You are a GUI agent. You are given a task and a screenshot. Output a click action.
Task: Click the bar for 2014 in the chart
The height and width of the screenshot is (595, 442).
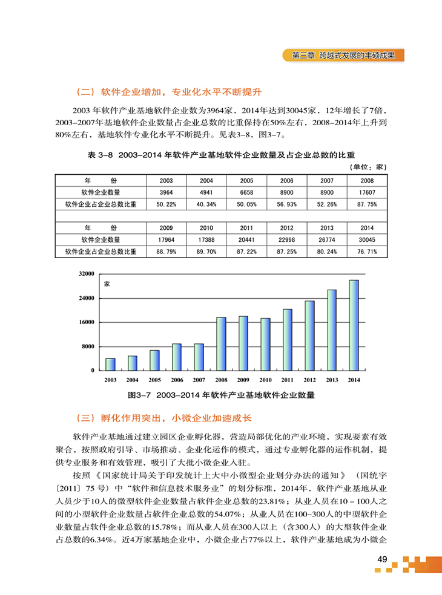(x=354, y=325)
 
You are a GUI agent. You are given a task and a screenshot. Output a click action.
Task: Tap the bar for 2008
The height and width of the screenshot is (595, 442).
(x=221, y=343)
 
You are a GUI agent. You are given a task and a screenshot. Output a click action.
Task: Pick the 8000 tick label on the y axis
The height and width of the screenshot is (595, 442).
(x=89, y=346)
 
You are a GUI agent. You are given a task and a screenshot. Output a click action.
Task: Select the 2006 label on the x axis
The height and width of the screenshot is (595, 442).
(x=177, y=380)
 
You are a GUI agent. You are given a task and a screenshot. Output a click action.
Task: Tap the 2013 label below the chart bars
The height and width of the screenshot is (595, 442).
(x=332, y=380)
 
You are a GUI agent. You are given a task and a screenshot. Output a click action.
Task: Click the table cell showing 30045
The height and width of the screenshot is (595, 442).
(x=367, y=239)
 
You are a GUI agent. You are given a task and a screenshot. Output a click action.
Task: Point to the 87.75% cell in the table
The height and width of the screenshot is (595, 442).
(x=367, y=204)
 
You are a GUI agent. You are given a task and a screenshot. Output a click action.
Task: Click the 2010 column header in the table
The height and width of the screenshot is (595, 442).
(x=206, y=228)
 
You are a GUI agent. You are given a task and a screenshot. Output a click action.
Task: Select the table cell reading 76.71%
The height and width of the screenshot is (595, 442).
(x=367, y=252)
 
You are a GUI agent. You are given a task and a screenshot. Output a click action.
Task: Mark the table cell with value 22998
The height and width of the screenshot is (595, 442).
(x=286, y=239)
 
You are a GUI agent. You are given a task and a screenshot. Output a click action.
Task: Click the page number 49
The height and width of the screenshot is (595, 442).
(x=381, y=559)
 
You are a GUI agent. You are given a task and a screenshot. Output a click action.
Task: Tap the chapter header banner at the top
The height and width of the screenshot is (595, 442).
(x=343, y=55)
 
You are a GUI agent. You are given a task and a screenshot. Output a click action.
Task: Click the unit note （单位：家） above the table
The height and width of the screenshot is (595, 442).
(x=368, y=166)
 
